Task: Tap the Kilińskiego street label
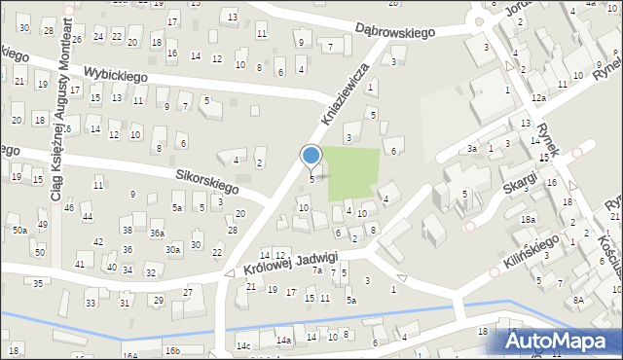pos(531,254)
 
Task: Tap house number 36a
pos(156,234)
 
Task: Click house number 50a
pos(19,230)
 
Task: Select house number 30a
pos(172,250)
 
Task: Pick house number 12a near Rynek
pos(538,98)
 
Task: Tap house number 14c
pos(243,345)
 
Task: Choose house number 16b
pos(172,349)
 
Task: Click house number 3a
pos(471,148)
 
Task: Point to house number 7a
pos(316,270)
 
